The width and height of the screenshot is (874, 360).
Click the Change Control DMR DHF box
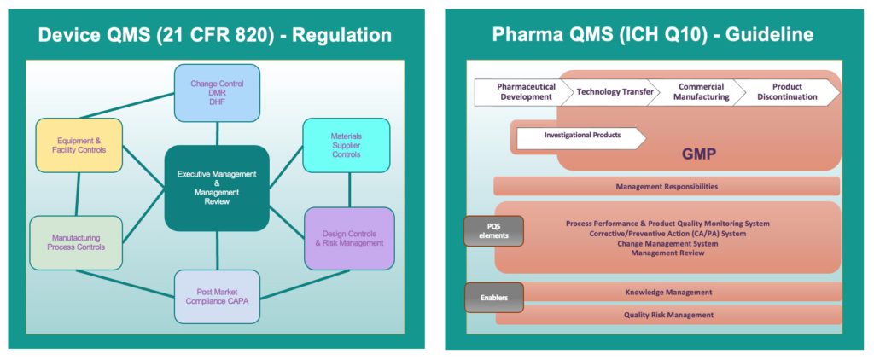coord(217,93)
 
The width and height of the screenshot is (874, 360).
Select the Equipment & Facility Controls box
coord(79,145)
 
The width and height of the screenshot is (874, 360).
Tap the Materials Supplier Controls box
coord(347,145)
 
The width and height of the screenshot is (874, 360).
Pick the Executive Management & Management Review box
coord(217,189)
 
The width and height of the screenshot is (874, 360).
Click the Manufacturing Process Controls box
coord(76,242)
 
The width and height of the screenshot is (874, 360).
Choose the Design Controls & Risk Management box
coord(349,238)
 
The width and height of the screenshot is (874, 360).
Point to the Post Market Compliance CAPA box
coord(217,297)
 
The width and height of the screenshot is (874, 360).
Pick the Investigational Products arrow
coord(581,138)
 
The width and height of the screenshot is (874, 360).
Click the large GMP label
coord(699,154)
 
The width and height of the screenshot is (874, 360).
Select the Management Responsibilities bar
coord(667,186)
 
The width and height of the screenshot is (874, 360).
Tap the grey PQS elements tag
coord(494,230)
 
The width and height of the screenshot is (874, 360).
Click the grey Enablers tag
coord(494,298)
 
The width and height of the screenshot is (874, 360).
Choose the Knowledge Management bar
coord(669,292)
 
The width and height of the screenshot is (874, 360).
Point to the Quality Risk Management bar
coord(669,315)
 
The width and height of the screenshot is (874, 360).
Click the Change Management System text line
coord(667,243)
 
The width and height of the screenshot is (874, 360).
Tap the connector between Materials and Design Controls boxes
coord(349,190)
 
